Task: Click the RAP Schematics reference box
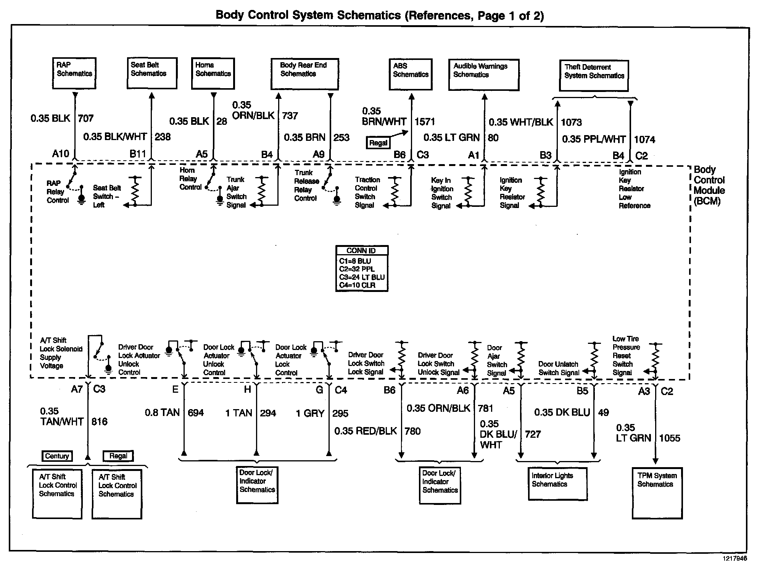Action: (74, 73)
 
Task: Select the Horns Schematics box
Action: (213, 73)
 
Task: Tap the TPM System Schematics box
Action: (657, 493)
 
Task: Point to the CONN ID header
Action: (361, 251)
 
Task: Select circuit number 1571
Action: (425, 122)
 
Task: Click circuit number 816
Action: (100, 422)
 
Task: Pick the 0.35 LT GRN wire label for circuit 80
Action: (451, 138)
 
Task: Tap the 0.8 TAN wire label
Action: (162, 413)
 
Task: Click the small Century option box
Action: (57, 456)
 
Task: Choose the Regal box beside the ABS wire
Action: (378, 143)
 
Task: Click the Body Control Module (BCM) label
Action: (709, 185)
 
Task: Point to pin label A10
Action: (60, 154)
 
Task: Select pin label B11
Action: (138, 154)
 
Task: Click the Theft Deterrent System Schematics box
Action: (594, 76)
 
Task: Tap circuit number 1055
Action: (670, 438)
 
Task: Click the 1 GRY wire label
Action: (310, 413)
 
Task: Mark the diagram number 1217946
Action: (734, 558)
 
